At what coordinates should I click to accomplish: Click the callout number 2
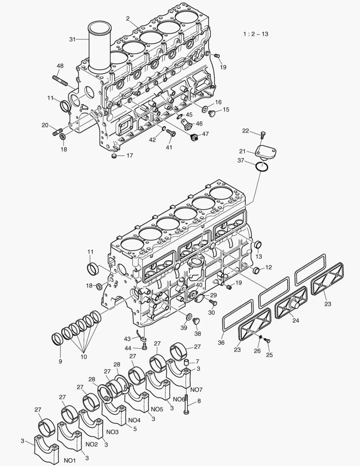[x=128, y=18]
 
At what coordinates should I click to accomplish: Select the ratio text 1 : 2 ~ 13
[x=256, y=34]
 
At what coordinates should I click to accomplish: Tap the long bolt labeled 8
[x=186, y=404]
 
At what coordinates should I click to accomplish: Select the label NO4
[x=134, y=420]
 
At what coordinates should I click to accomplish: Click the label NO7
[x=196, y=390]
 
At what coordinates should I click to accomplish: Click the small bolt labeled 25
[x=267, y=341]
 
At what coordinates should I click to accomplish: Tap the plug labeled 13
[x=259, y=246]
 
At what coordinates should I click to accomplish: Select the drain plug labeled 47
[x=194, y=138]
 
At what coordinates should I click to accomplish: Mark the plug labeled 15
[x=211, y=113]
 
